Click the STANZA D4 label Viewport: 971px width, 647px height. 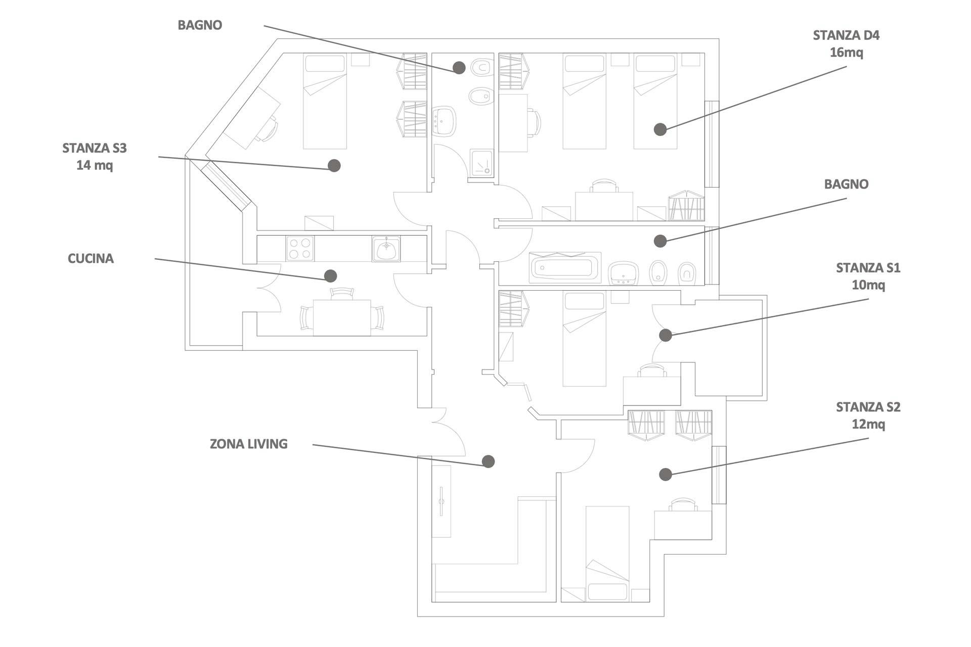(x=846, y=35)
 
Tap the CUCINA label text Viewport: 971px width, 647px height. (x=91, y=259)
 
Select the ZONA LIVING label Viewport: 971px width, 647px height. (x=249, y=444)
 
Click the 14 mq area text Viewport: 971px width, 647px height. (x=95, y=165)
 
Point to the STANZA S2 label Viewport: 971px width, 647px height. (x=868, y=407)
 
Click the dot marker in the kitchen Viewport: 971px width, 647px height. (x=330, y=275)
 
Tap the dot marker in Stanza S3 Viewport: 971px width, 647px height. (x=334, y=165)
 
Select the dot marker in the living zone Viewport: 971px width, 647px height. (x=488, y=461)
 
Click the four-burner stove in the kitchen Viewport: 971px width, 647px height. (x=299, y=249)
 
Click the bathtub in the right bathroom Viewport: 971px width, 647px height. (x=565, y=267)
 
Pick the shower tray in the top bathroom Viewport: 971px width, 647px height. (x=481, y=163)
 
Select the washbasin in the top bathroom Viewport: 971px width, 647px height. (x=444, y=121)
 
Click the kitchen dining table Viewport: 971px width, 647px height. (x=341, y=317)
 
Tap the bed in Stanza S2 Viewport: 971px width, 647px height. (x=607, y=553)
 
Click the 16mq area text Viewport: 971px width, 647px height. (x=846, y=52)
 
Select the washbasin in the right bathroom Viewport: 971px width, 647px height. (x=623, y=273)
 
